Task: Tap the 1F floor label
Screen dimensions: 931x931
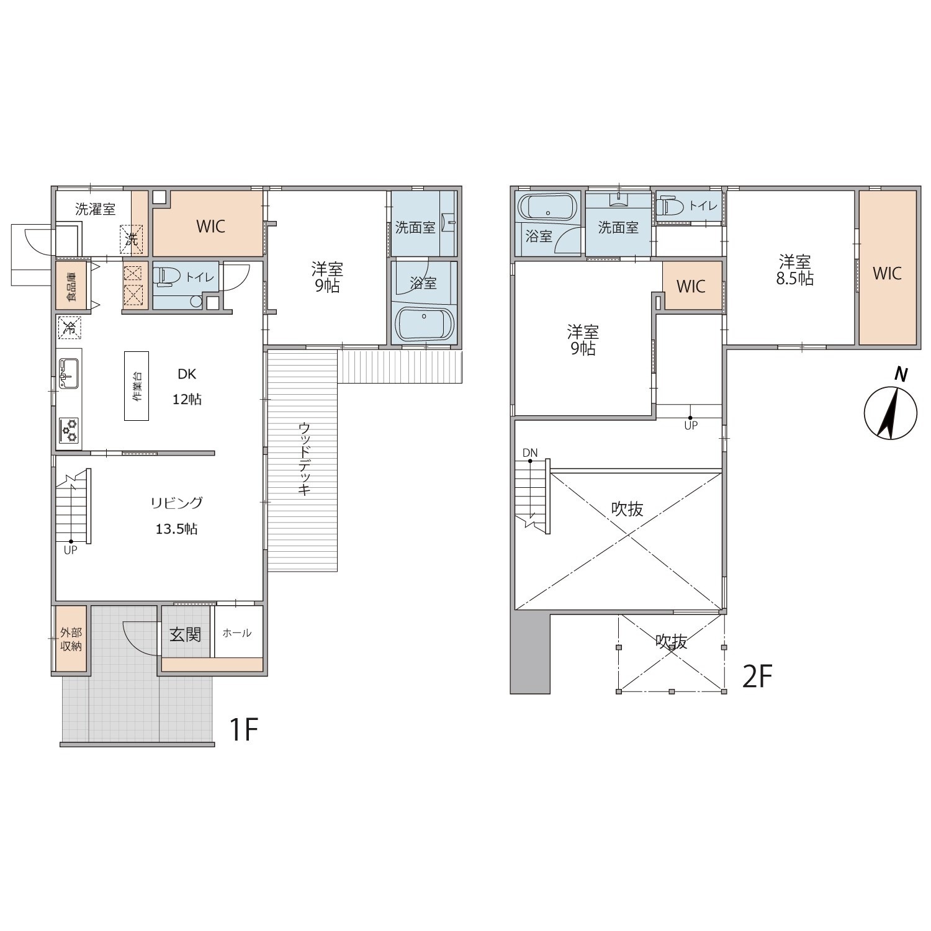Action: (243, 729)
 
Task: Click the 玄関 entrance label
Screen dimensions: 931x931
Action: (186, 634)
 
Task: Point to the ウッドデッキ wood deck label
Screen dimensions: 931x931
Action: (304, 458)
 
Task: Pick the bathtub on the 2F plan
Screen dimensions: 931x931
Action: (547, 207)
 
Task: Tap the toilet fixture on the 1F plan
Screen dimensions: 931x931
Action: (163, 276)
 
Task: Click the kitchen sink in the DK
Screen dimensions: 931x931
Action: (69, 373)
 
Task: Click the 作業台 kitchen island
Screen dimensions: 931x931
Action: (137, 385)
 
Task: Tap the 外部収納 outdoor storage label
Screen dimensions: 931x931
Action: (71, 640)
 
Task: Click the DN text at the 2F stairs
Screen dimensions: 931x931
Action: (530, 453)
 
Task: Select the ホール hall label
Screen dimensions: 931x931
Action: (236, 633)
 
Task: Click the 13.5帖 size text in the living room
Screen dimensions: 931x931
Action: (176, 529)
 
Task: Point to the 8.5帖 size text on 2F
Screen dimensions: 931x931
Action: (795, 279)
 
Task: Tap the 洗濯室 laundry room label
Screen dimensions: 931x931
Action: (95, 209)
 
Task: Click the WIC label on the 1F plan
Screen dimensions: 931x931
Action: (210, 227)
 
